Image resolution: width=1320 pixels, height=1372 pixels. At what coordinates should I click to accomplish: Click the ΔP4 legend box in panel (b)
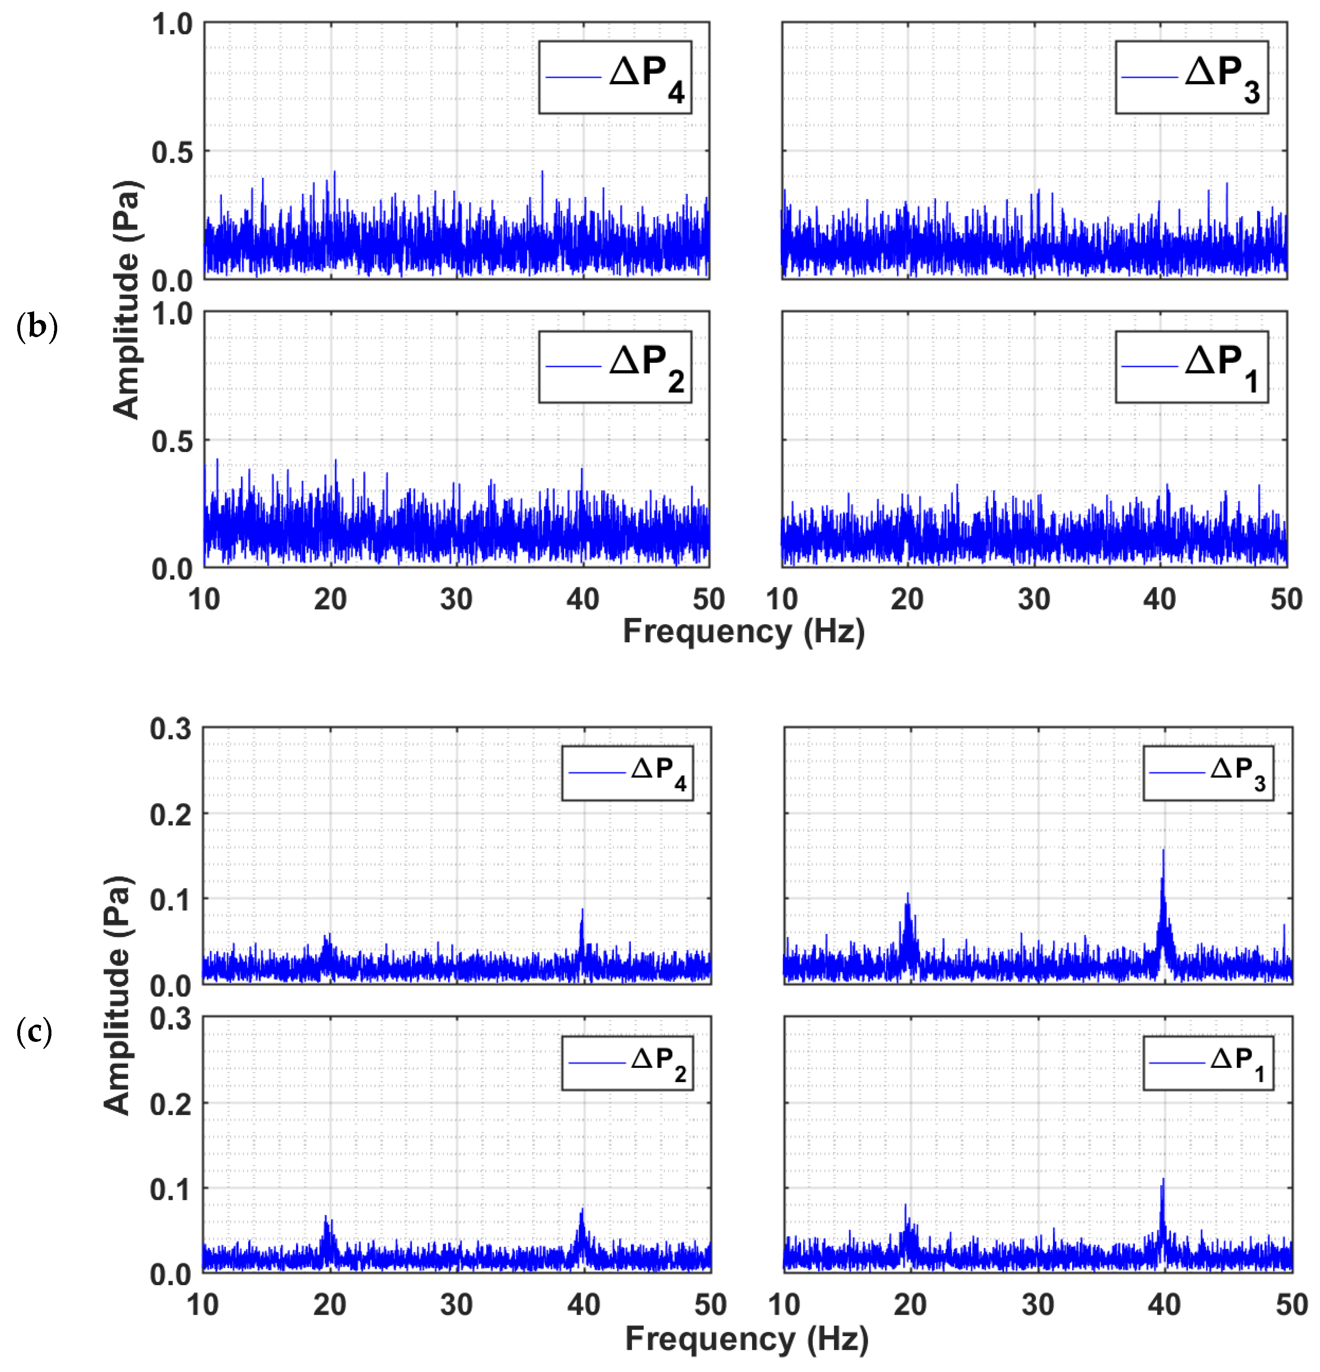tap(614, 77)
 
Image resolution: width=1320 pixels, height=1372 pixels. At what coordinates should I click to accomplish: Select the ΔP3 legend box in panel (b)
tap(1191, 77)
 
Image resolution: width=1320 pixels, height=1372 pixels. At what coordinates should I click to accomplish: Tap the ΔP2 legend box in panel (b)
tap(614, 367)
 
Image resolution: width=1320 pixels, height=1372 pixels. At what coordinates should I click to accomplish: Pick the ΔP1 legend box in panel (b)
tap(1191, 367)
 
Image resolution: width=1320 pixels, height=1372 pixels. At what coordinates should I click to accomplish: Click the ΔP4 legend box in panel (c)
tap(627, 773)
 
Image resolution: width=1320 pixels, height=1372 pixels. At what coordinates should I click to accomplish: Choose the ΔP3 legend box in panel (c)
tap(1208, 773)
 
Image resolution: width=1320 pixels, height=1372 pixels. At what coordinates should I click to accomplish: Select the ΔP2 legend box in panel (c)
tap(627, 1062)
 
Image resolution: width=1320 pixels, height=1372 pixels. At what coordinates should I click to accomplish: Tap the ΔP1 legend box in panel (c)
tap(1208, 1062)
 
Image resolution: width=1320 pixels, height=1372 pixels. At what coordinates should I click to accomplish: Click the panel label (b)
tap(36, 327)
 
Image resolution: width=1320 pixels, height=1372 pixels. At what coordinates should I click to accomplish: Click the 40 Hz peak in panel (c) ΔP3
tap(1163, 851)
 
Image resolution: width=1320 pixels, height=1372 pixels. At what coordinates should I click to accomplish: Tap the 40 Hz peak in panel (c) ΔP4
tap(581, 910)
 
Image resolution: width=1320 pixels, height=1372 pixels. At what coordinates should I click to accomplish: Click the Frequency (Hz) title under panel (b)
tap(743, 631)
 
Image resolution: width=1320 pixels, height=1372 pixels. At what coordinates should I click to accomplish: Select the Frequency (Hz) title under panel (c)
tap(746, 1338)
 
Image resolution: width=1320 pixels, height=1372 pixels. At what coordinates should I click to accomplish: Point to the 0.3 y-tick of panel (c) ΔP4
tap(171, 729)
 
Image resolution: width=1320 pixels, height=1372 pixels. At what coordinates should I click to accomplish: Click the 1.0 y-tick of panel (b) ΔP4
tap(172, 25)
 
